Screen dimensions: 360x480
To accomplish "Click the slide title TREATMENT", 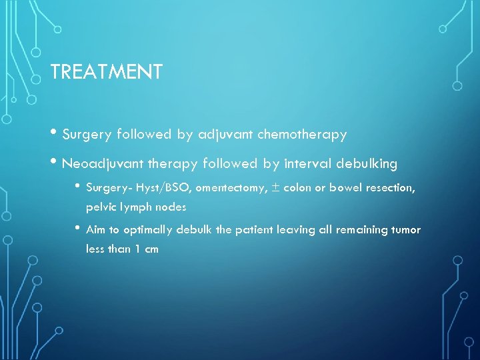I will tap(106, 72).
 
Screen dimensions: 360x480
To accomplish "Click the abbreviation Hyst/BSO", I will tap(164, 188).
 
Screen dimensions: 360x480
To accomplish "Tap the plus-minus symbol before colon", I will tap(277, 188).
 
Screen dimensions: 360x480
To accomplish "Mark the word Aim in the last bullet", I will tap(96, 230).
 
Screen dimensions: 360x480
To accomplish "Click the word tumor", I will tap(406, 230).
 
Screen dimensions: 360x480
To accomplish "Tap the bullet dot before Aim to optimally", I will tap(78, 229).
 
